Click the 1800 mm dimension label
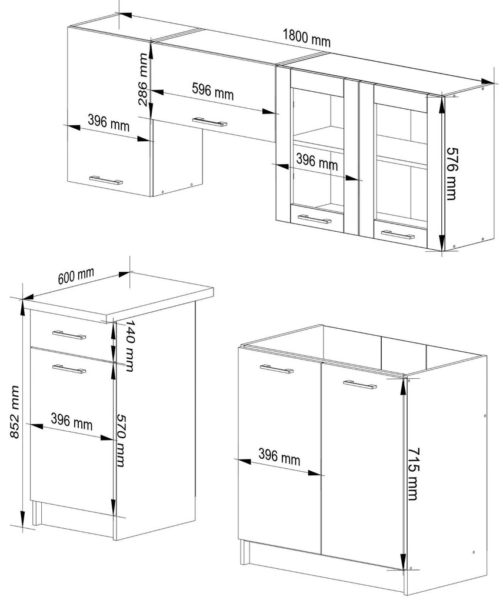click(307, 38)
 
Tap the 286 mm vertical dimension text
click(142, 79)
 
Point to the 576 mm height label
click(452, 174)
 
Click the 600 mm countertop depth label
click(76, 276)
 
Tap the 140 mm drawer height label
click(130, 346)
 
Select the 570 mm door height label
click(121, 440)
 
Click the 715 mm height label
click(412, 474)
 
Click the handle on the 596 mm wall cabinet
click(209, 122)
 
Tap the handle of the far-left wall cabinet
click(106, 180)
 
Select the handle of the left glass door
click(314, 219)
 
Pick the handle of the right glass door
click(398, 235)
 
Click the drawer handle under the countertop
click(69, 335)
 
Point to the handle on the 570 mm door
click(69, 369)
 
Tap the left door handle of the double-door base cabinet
click(277, 369)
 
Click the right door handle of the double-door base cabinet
click(360, 384)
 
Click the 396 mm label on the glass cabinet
click(317, 162)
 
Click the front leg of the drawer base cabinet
click(36, 513)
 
